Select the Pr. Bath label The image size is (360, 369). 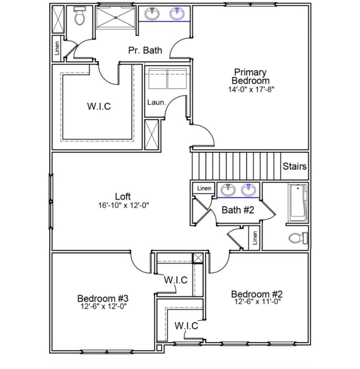pyautogui.click(x=145, y=50)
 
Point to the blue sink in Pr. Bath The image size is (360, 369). pyautogui.click(x=178, y=14)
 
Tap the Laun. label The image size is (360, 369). pyautogui.click(x=156, y=102)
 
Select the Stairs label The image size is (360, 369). pyautogui.click(x=295, y=166)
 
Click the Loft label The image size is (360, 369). pyautogui.click(x=123, y=196)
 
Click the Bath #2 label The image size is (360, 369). pyautogui.click(x=237, y=210)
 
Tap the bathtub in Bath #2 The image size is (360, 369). pyautogui.click(x=298, y=202)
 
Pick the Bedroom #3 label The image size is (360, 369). pyautogui.click(x=102, y=298)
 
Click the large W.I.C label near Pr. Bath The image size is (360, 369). pyautogui.click(x=99, y=106)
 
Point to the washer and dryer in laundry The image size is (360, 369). pyautogui.click(x=167, y=78)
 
